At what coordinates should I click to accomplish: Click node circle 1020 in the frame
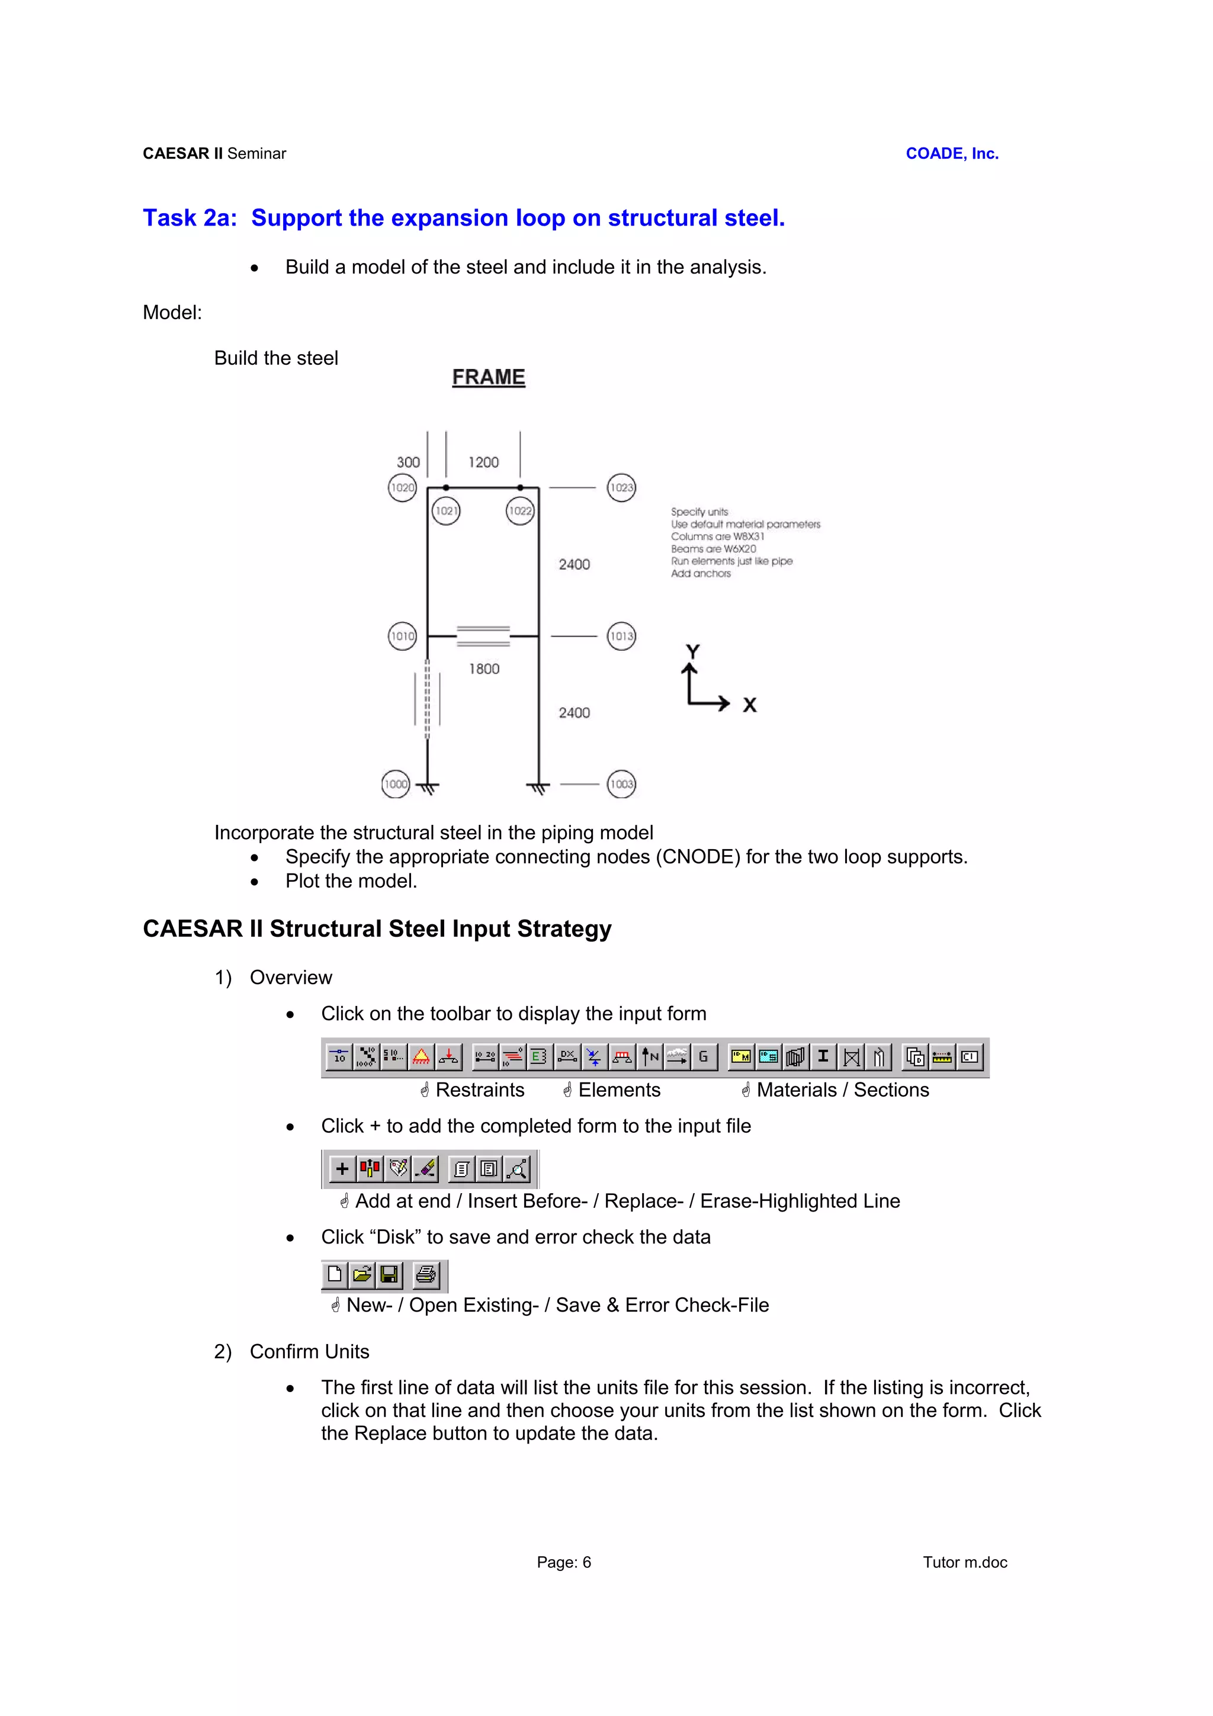(402, 488)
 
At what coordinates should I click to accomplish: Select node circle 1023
(621, 488)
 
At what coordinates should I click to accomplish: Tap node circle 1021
(446, 511)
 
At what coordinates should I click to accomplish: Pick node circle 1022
(520, 511)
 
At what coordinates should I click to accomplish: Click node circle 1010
(402, 636)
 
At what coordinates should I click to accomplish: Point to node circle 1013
(621, 636)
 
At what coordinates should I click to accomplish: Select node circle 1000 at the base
(396, 784)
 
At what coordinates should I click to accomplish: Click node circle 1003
(621, 784)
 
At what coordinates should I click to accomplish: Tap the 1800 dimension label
(484, 669)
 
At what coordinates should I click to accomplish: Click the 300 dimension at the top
(408, 462)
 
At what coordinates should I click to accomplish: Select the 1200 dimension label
(483, 462)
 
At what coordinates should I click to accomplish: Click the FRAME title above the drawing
(489, 377)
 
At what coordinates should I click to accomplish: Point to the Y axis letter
(693, 652)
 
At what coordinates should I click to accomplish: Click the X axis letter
(750, 705)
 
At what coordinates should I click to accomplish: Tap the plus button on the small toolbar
(342, 1169)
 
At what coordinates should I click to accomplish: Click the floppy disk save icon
(389, 1274)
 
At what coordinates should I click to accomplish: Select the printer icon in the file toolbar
(426, 1274)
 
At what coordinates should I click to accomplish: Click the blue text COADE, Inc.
(951, 153)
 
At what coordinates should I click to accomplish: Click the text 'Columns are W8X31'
(717, 536)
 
